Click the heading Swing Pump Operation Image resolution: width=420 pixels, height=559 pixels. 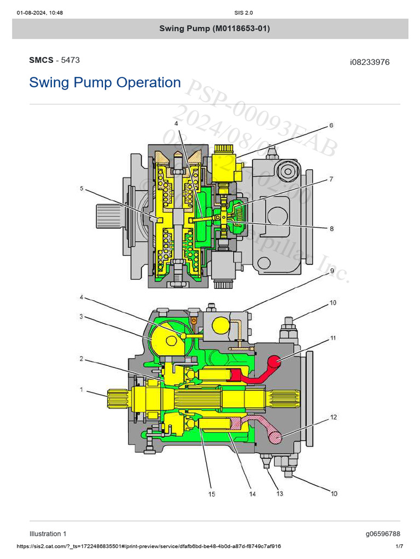104,82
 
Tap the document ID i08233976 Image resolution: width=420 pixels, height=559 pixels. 370,62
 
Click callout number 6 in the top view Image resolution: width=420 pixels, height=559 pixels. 331,126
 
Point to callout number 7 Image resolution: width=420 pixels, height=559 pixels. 331,179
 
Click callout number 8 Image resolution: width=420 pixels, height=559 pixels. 331,229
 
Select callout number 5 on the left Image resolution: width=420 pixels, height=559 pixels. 81,189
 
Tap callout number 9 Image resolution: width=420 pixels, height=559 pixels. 331,270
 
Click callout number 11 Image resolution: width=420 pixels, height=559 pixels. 333,338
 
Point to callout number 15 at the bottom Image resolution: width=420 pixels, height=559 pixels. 211,494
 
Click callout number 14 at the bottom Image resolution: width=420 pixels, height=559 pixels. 252,494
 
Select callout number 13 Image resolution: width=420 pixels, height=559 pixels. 279,493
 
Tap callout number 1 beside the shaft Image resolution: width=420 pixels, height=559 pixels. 81,390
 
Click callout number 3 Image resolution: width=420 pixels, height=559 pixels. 81,317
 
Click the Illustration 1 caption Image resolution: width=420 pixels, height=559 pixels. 48,534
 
